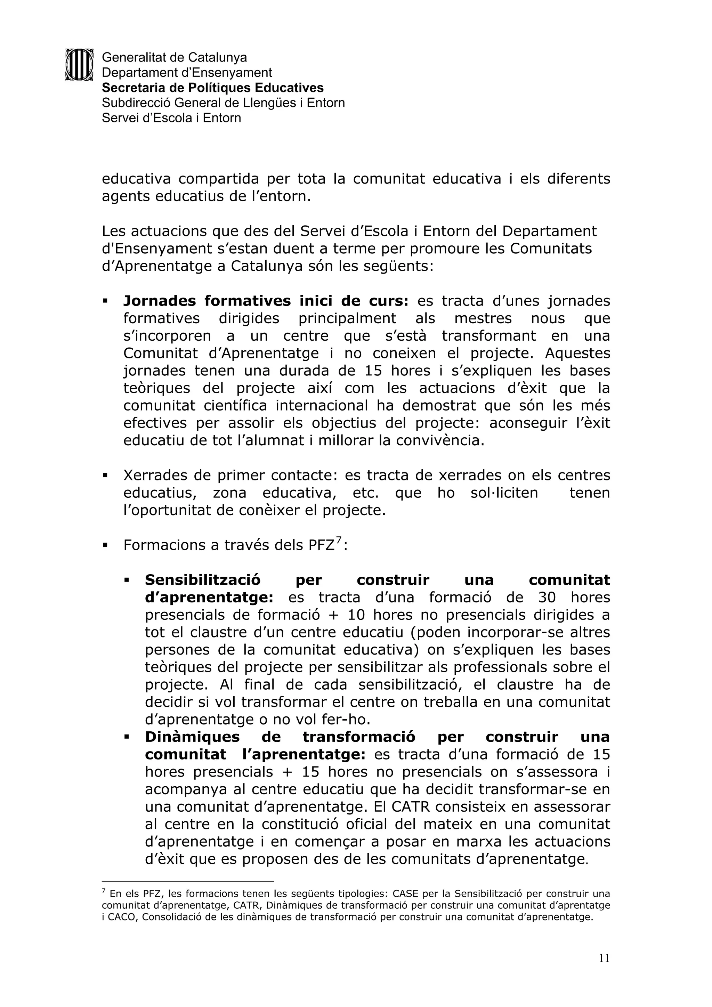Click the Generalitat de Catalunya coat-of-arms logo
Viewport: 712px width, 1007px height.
79,64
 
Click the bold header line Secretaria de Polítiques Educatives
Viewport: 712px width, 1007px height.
212,88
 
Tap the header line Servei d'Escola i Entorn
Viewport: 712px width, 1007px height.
171,118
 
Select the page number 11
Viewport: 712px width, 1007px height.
604,958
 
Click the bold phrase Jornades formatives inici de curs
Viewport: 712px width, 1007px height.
265,301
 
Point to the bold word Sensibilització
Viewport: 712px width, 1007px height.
203,580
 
